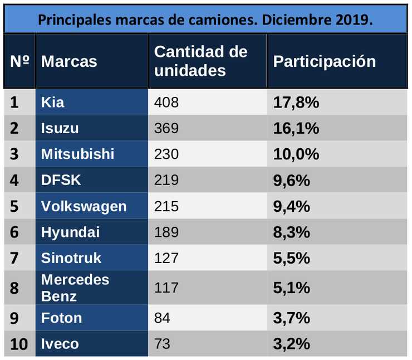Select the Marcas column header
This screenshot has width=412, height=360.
(69, 61)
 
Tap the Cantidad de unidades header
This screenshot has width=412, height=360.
(200, 61)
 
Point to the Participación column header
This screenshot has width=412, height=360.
(325, 61)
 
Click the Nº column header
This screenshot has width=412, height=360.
(19, 61)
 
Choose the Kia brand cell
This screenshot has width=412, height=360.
(53, 103)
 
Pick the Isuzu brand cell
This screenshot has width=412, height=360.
(60, 129)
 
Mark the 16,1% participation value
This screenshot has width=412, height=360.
(296, 129)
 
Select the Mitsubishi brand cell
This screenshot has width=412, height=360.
(77, 154)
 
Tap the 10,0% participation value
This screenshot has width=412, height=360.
(296, 154)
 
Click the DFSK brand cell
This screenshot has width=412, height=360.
(61, 181)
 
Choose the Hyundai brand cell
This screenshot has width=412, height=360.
(70, 232)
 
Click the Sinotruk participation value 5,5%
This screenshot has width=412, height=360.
(291, 258)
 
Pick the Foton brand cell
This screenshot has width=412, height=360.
(61, 318)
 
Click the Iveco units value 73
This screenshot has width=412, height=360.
(162, 344)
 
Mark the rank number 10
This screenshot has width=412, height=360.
(19, 344)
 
